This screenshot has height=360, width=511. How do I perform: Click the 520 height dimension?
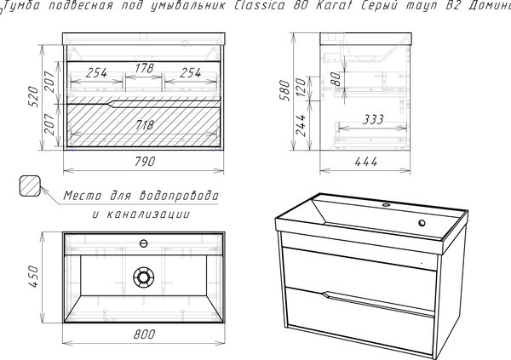pos(34,96)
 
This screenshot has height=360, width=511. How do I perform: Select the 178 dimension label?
pos(145,68)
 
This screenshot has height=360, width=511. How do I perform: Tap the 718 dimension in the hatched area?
pos(144,125)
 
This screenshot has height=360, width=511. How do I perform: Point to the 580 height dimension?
pos(284,90)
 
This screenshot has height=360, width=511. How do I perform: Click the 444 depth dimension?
pos(366,162)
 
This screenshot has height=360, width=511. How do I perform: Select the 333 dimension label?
pos(374,119)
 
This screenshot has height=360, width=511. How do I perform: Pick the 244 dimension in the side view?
pos(301,125)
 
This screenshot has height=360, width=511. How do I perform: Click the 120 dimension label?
pos(301,88)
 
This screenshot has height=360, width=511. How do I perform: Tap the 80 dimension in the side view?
pos(336,79)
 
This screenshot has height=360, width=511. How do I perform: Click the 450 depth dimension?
pos(34,277)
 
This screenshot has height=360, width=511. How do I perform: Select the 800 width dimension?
pos(144,334)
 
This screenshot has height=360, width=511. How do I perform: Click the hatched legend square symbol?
pos(30,186)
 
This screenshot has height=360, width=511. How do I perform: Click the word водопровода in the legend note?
pos(179,196)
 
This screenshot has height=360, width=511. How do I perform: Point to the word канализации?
pos(148,214)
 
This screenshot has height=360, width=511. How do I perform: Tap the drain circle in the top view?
pos(143,277)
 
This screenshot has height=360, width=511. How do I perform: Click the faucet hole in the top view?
pos(143,243)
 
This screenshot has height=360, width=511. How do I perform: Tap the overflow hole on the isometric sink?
pos(422,223)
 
